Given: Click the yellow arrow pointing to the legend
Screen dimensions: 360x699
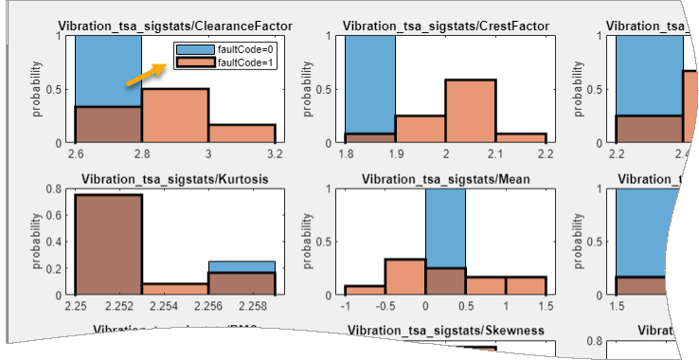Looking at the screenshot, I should pyautogui.click(x=147, y=76).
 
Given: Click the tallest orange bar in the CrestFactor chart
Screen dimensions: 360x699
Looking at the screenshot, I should pyautogui.click(x=470, y=111).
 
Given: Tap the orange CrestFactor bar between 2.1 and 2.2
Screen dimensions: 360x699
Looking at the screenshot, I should pyautogui.click(x=520, y=138).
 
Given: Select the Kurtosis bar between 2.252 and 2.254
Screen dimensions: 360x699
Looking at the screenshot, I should pyautogui.click(x=175, y=290).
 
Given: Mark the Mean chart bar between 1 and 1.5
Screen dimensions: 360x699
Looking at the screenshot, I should pyautogui.click(x=526, y=286).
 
